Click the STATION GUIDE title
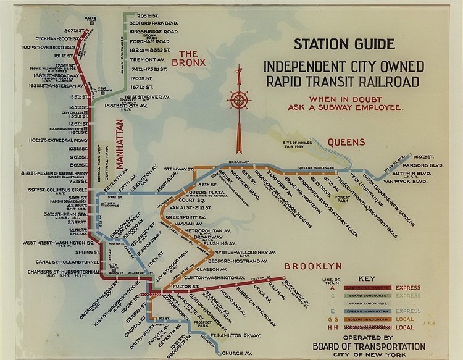click(x=344, y=44)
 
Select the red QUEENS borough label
click(x=346, y=141)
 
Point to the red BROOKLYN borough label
click(x=313, y=266)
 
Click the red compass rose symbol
click(x=237, y=99)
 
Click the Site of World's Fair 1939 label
click(x=291, y=146)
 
